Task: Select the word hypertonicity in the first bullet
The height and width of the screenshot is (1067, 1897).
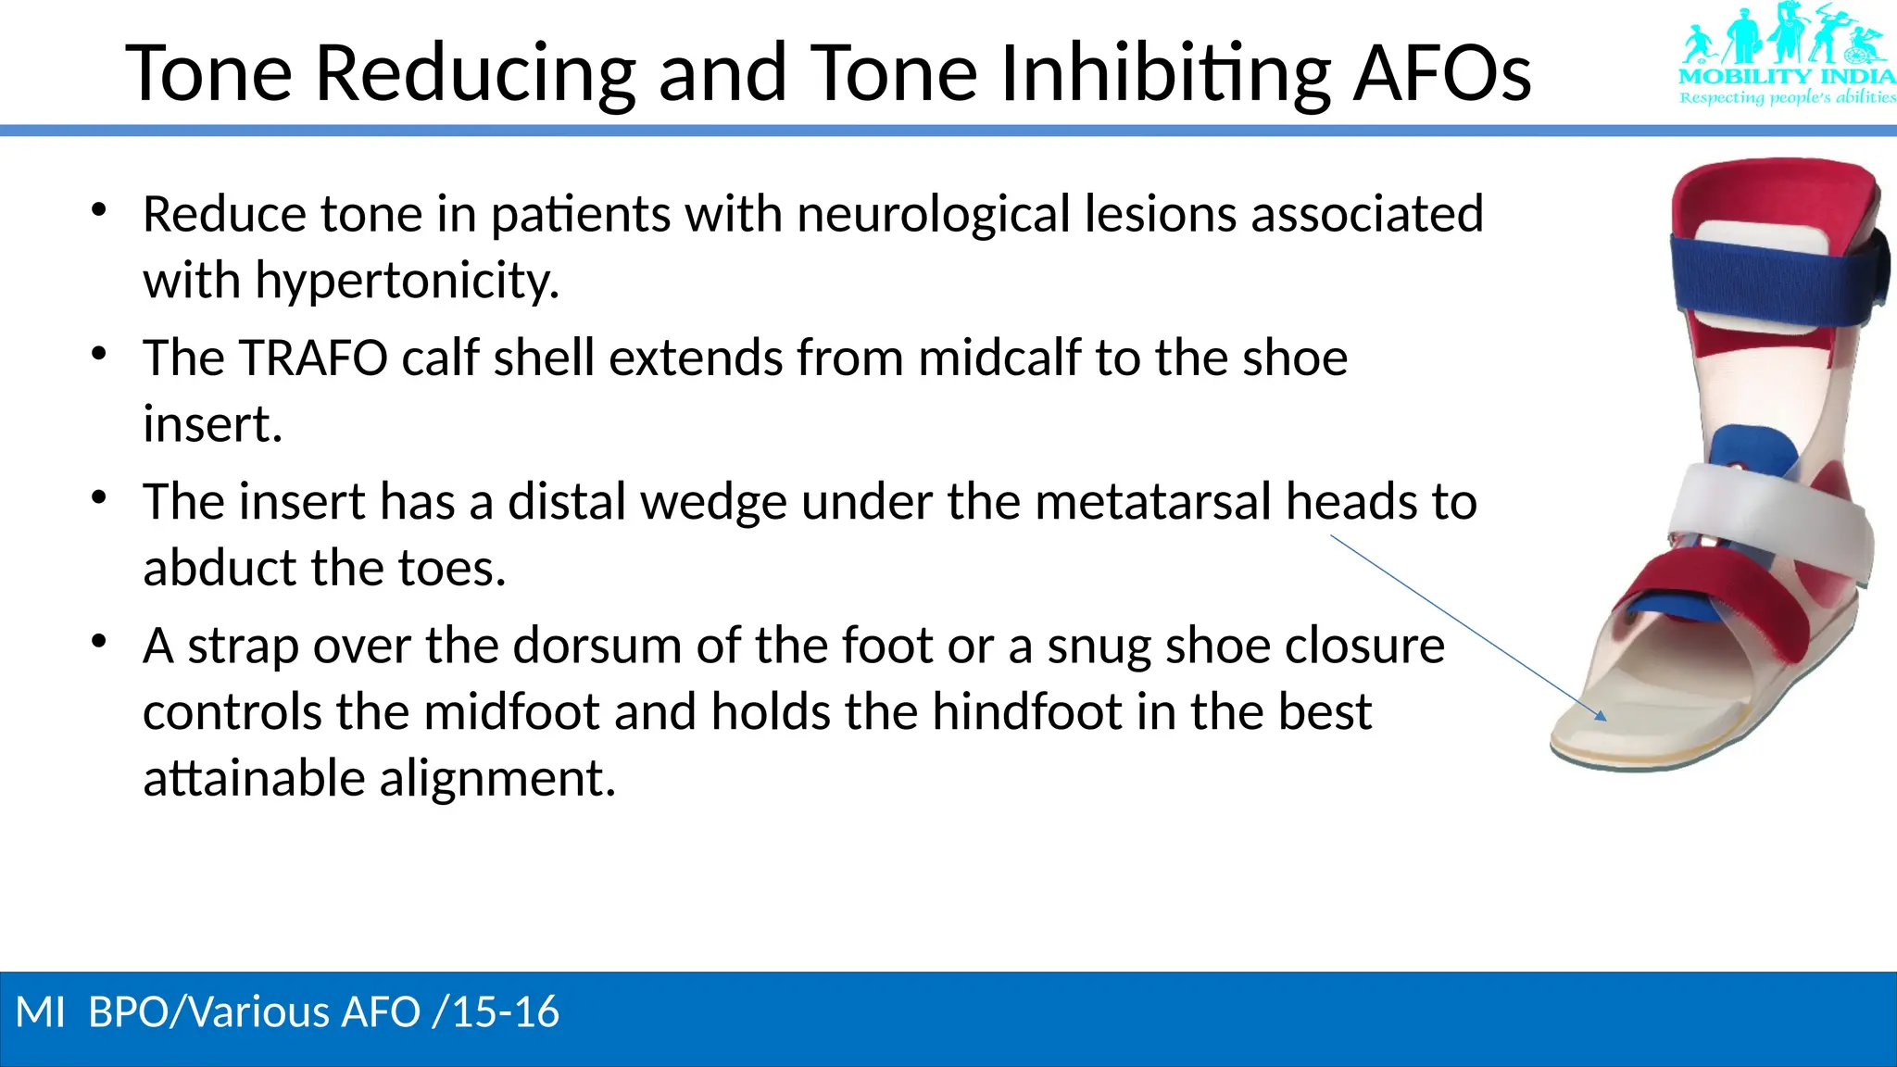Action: tap(407, 281)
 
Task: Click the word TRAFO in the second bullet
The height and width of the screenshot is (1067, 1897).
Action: tap(312, 358)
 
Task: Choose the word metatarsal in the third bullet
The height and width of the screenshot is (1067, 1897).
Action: tap(1152, 501)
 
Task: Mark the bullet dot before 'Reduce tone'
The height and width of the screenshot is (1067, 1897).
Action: tap(99, 210)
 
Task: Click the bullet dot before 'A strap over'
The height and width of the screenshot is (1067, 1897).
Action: tap(99, 641)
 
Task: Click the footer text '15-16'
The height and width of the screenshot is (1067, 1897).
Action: tap(506, 1011)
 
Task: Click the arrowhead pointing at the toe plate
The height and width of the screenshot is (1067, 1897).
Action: tap(1601, 715)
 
